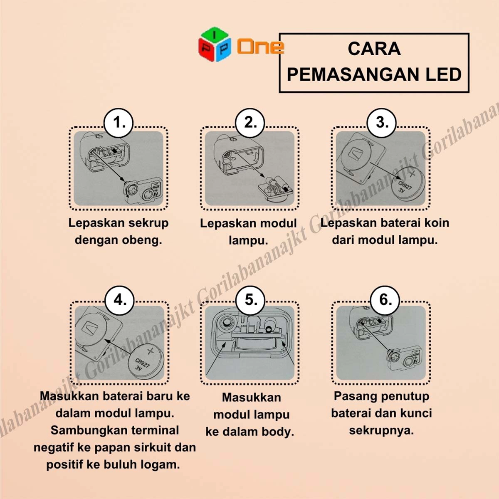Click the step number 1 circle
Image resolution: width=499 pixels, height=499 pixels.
pos(119,123)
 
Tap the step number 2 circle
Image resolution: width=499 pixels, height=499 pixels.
pos(250,123)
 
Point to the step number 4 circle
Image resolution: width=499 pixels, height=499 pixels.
pos(120,300)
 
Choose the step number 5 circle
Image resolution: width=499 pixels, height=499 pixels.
pos(250,300)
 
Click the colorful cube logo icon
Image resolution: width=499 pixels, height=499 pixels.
pos(215,44)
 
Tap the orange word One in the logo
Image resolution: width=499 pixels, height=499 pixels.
pos(260,47)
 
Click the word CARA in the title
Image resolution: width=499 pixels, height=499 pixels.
pos(374,49)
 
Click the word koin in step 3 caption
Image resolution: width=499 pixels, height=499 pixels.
pos(436,223)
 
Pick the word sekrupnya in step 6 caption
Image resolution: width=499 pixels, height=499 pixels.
pos(381,430)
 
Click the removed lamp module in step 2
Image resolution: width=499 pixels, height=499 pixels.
pos(276,189)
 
